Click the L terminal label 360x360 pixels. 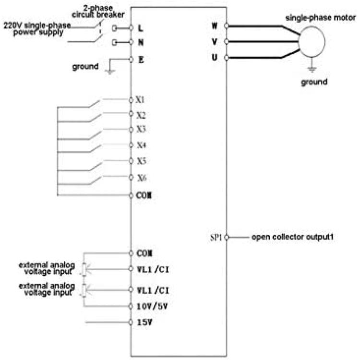(140, 28)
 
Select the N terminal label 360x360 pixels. (141, 42)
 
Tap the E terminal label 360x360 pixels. (141, 60)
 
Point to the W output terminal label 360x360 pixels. (215, 26)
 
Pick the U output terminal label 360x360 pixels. (215, 58)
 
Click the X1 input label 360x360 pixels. (140, 100)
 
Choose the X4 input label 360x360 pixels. (142, 145)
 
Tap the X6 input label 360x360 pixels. (142, 178)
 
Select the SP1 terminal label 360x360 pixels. (216, 238)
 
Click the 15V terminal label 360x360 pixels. (144, 323)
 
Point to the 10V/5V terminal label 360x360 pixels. (152, 306)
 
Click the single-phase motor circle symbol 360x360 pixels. (312, 42)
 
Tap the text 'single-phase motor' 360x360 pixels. (321, 18)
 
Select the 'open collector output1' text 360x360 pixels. (292, 237)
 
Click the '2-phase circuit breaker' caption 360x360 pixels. (98, 11)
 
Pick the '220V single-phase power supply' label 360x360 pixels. (37, 29)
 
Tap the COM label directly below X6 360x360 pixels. (144, 196)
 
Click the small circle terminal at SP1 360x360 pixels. (227, 238)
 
